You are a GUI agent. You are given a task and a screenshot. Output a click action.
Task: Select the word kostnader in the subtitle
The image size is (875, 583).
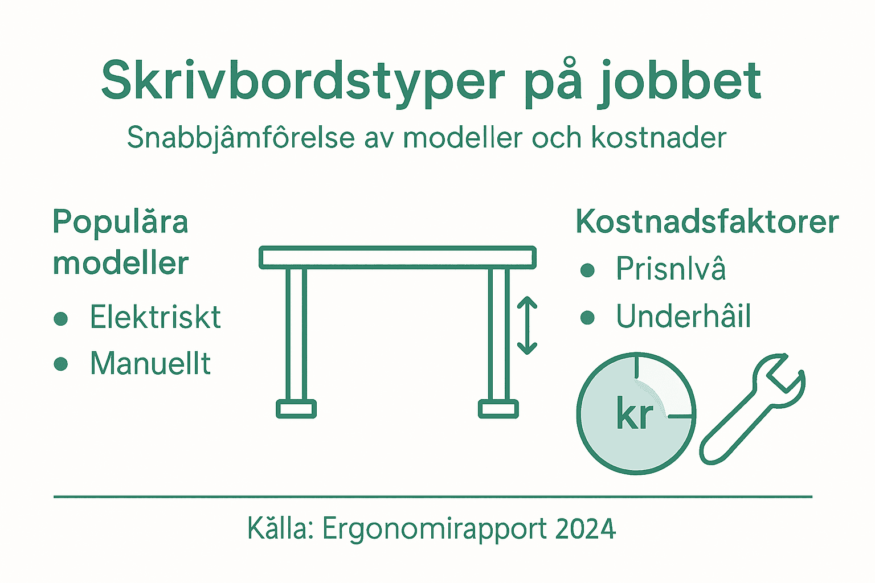pos(659,138)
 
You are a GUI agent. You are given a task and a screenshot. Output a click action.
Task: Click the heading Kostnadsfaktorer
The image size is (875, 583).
pos(707,221)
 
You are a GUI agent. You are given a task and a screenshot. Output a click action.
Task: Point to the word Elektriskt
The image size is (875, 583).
pos(155,317)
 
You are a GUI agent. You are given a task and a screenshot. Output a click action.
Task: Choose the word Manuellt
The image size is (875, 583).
pos(150,363)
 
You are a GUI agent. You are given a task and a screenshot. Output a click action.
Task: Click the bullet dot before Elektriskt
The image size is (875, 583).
pos(61,318)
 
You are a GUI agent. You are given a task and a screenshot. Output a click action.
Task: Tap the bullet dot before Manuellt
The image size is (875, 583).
pos(61,364)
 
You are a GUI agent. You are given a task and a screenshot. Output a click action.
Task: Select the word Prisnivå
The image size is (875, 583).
pos(670,269)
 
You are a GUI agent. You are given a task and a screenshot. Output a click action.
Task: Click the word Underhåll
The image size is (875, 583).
pos(683,316)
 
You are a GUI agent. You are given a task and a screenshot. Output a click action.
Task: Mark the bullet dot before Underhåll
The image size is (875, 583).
pos(587,318)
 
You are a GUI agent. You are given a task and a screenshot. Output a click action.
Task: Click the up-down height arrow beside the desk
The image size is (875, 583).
pos(527,326)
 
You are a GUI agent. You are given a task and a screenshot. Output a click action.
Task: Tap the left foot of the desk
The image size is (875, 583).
pos(296,409)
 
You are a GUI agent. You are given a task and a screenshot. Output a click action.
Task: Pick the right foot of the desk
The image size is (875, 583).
pos(498,409)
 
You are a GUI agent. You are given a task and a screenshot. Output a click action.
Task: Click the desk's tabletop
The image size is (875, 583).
pos(398,257)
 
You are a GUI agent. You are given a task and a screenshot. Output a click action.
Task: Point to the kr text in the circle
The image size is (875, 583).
pos(634,415)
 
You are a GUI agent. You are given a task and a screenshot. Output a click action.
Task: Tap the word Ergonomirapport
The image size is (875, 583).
pos(435,529)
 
